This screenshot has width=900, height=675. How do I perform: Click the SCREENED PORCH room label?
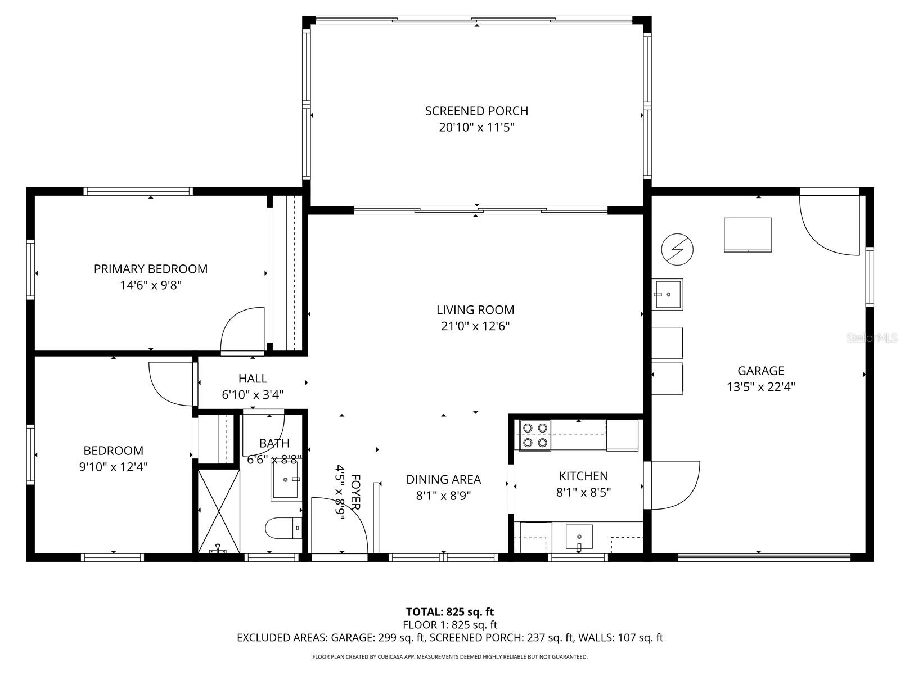476,111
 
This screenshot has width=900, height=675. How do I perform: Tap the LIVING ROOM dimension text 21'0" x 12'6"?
475,326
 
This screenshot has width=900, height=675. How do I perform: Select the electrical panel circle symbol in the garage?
677,249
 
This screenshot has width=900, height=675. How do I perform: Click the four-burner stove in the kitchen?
534,435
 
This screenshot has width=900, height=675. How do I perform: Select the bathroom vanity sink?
285,479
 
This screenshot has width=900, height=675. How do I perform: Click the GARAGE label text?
760,371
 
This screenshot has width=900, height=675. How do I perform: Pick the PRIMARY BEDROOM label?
150,269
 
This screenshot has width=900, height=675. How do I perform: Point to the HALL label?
253,379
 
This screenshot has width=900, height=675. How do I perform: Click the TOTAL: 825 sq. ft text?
450,611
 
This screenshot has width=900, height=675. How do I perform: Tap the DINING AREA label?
443,480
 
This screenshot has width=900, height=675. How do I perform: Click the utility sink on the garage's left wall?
667,294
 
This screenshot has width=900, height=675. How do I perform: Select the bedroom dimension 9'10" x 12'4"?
113,467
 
